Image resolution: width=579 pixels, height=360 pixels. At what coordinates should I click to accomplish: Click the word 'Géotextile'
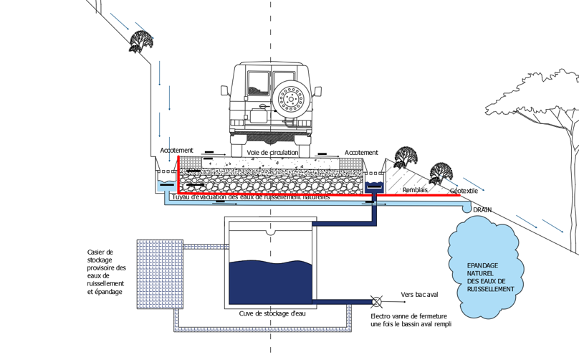tap(465, 191)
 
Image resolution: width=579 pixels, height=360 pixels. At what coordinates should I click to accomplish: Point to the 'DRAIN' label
tap(482, 210)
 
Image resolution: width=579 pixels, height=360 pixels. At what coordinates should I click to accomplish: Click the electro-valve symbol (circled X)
tap(374, 301)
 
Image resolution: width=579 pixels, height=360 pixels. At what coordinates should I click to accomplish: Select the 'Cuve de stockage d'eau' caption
tap(269, 313)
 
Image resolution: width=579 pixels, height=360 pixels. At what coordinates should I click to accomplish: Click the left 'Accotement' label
tap(176, 151)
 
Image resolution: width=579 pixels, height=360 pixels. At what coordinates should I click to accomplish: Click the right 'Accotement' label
tap(361, 153)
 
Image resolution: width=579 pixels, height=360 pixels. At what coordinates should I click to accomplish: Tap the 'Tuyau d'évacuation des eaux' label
tap(251, 196)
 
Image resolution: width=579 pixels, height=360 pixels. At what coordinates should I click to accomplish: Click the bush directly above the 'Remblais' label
tap(405, 156)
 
